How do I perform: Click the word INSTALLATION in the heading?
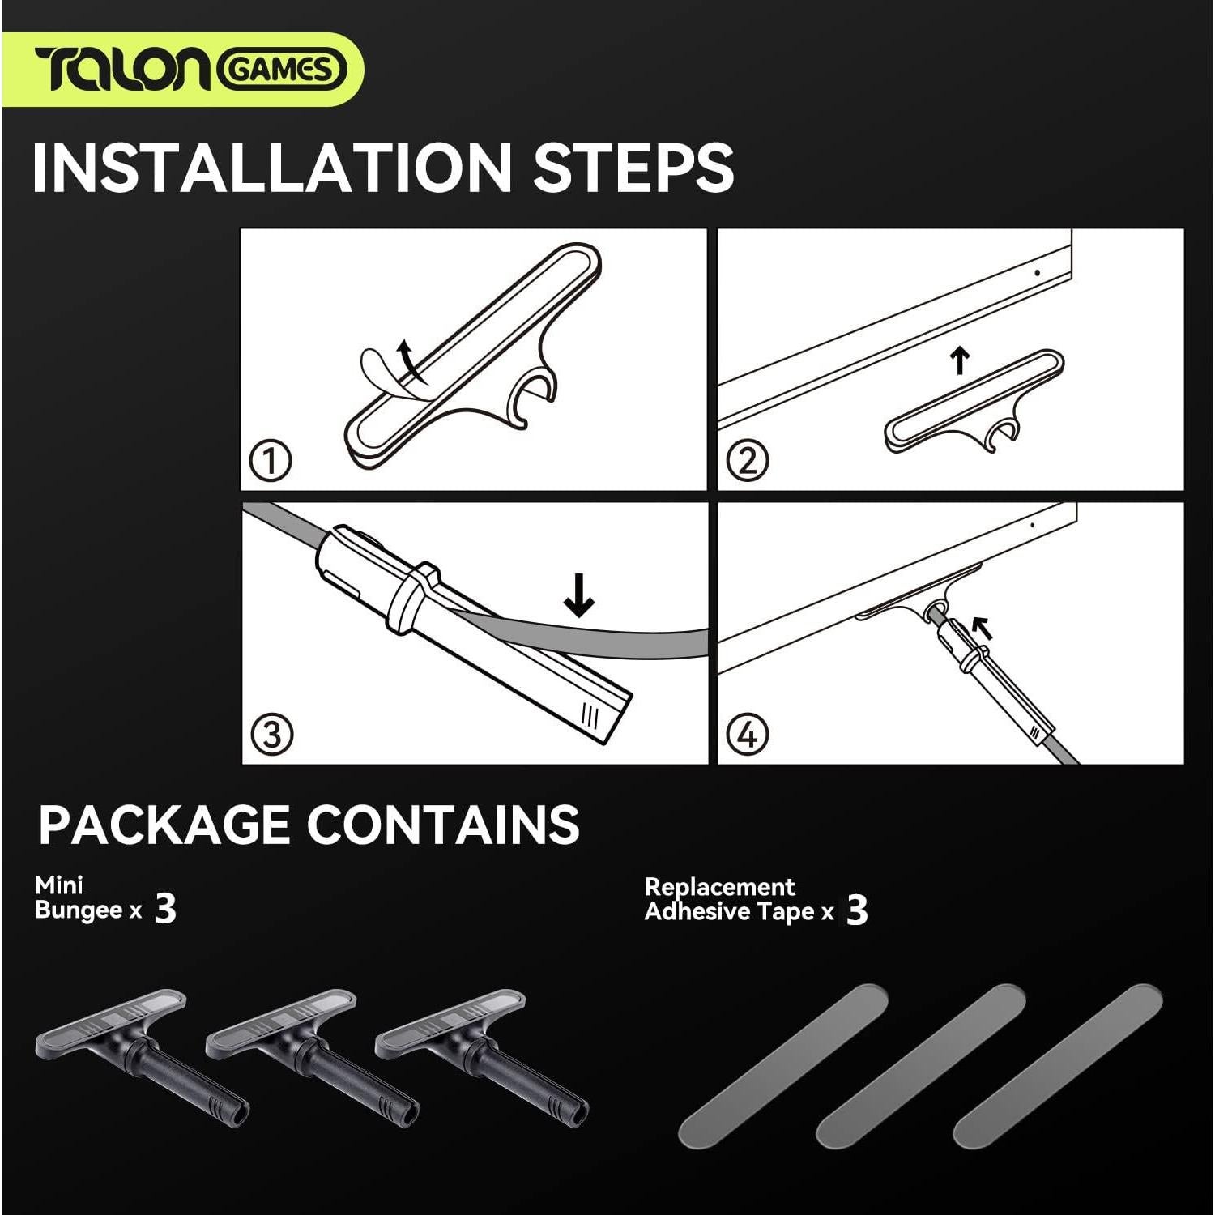(271, 167)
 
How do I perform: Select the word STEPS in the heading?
(632, 167)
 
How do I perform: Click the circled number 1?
(271, 462)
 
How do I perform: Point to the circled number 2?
(747, 461)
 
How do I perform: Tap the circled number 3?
(271, 735)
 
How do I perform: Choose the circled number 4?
(747, 735)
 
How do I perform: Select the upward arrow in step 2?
(960, 360)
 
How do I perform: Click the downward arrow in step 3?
(579, 595)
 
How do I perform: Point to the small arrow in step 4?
(981, 626)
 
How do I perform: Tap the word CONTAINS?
(442, 824)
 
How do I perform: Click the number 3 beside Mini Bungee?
(165, 910)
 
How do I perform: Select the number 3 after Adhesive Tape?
(857, 910)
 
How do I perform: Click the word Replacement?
(719, 887)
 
